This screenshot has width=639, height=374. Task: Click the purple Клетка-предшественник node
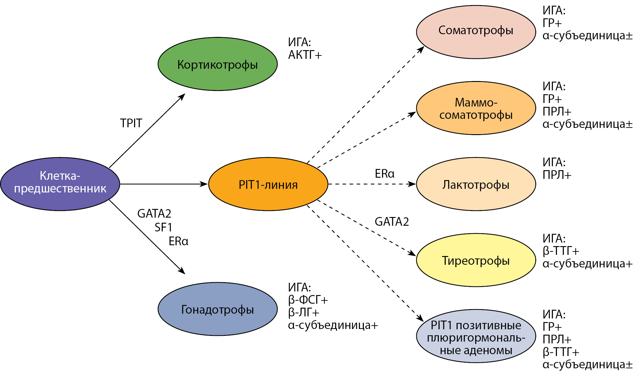click(60, 184)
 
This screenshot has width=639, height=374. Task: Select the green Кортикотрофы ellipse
click(218, 64)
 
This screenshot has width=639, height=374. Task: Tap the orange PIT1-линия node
click(268, 184)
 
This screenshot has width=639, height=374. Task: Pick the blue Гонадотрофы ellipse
click(218, 309)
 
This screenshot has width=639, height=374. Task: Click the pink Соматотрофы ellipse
click(476, 32)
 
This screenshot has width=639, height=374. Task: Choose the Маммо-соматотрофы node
click(476, 108)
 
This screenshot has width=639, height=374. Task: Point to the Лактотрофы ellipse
click(476, 184)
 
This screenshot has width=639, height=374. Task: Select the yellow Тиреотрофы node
click(476, 260)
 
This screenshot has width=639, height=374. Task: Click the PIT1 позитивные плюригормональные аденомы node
click(476, 336)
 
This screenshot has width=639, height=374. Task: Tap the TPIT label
click(131, 123)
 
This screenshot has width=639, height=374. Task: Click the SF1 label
click(163, 228)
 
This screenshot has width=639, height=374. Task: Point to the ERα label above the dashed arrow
click(384, 173)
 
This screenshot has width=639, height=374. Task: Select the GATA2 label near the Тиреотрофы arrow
click(392, 222)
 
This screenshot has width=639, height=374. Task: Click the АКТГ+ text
click(305, 55)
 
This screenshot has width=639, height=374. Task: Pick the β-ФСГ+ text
click(308, 300)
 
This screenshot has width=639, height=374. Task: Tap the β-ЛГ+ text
click(304, 312)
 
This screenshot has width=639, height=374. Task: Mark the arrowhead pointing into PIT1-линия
click(204, 184)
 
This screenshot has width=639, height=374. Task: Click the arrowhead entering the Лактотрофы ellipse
click(412, 184)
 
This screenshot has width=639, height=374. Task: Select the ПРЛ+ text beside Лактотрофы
click(557, 175)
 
